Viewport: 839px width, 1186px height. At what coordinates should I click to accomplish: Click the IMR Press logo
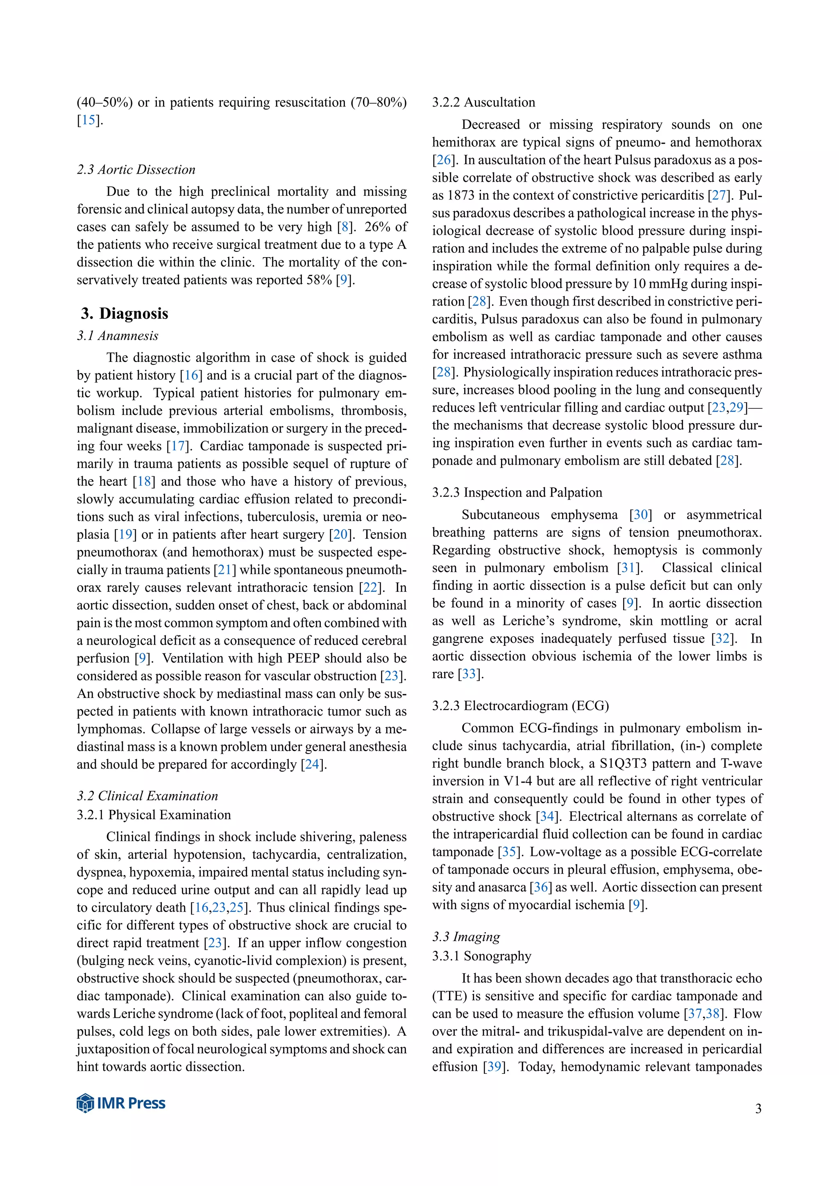[121, 1103]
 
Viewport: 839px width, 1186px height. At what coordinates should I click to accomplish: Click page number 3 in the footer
[758, 1109]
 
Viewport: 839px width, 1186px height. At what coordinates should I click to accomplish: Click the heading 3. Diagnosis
[125, 314]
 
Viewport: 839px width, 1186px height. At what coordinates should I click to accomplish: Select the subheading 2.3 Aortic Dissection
[136, 170]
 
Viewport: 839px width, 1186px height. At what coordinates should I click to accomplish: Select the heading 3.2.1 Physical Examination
[154, 815]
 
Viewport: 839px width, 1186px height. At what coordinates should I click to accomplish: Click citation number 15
[89, 120]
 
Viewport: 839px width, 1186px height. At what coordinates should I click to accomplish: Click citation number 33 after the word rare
[469, 674]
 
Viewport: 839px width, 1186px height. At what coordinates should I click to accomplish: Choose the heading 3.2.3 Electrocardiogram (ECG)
[520, 706]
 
